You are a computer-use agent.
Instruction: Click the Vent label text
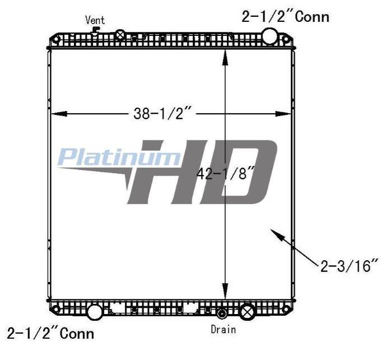coord(95,20)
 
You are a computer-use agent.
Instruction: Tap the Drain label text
coord(223,330)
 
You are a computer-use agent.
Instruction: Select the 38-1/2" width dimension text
coord(161,113)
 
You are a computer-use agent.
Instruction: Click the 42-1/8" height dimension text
coord(225,174)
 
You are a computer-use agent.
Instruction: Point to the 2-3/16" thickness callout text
coord(350,266)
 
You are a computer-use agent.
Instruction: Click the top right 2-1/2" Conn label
coord(285,17)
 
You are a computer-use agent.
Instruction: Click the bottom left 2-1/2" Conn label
coord(50,333)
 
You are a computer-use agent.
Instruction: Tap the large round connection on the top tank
coord(269,36)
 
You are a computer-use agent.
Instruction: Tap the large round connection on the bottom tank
coord(95,312)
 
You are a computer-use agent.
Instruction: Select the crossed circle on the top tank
coord(120,35)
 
